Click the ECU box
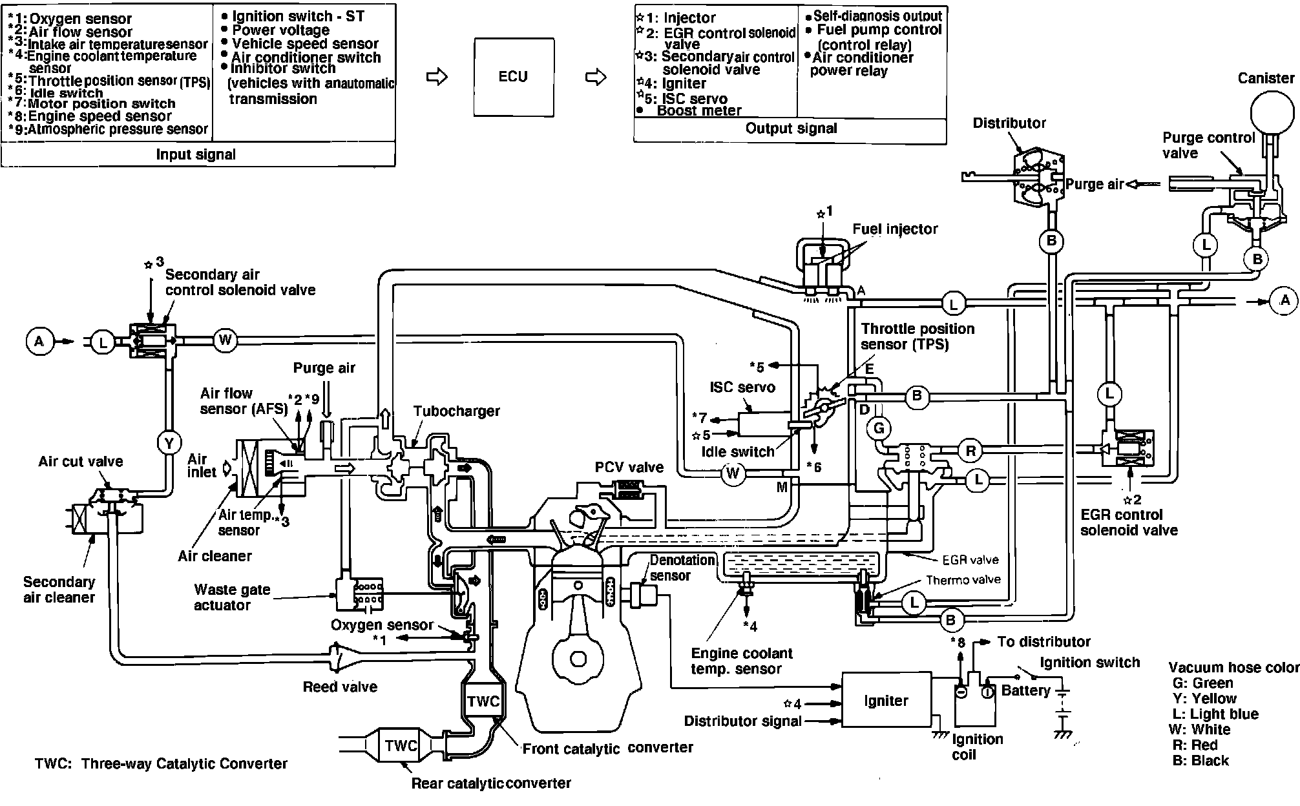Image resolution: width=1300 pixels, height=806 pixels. point(514,77)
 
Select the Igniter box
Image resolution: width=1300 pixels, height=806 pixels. point(886,701)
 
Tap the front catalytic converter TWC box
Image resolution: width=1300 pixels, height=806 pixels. point(483,701)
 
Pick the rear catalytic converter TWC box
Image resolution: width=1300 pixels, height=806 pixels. point(401,746)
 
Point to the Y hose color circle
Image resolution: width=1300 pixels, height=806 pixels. point(169,443)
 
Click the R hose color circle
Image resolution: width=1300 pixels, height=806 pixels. point(970,451)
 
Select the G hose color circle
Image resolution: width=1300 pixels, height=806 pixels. point(879,428)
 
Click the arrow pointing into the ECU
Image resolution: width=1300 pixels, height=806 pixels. point(437,77)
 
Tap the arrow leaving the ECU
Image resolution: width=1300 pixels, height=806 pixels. point(596,77)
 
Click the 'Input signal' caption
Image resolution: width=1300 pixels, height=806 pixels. point(196,155)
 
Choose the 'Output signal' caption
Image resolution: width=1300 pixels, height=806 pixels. point(791,129)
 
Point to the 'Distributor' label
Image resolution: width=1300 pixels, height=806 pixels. point(1009,123)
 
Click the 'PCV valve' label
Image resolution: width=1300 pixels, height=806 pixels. point(629,467)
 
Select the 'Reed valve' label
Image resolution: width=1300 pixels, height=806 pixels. point(340,687)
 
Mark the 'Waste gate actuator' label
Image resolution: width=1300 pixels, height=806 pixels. point(232,597)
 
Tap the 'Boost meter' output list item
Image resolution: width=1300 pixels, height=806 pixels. point(699,110)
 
